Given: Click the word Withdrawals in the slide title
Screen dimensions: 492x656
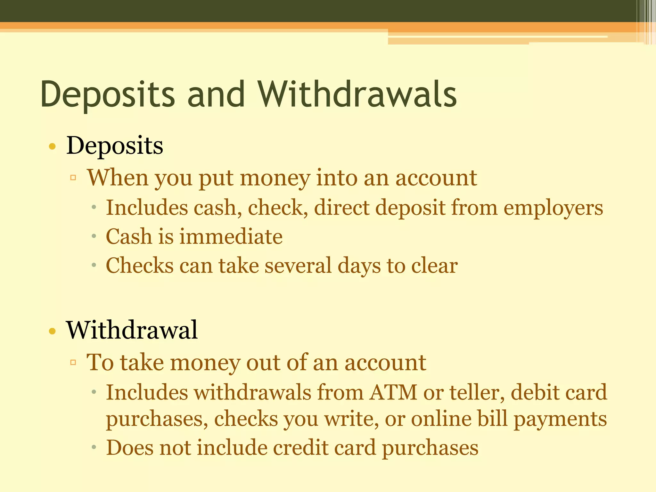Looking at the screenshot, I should pos(357,94).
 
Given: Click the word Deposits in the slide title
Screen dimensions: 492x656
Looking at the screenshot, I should pos(108,95).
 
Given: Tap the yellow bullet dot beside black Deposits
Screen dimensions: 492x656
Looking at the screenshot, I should pos(52,147).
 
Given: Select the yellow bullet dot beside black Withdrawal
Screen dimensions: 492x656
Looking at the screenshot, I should pos(52,331).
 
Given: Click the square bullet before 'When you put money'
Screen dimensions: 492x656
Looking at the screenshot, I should pos(73,178).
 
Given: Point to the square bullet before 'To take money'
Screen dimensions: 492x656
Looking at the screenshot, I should pos(73,362).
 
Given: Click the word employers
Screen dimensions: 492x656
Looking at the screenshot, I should pos(553,208).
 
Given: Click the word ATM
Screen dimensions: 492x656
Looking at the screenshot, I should pos(393,392).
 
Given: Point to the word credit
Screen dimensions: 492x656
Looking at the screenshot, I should pos(300,447).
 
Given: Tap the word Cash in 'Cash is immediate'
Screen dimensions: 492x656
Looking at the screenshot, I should pos(129,237).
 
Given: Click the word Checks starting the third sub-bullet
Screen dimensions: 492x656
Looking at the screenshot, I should pos(140,266).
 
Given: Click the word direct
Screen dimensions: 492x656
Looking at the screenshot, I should pos(341,208).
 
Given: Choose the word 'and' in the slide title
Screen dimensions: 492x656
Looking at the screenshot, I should pos(216,94).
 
